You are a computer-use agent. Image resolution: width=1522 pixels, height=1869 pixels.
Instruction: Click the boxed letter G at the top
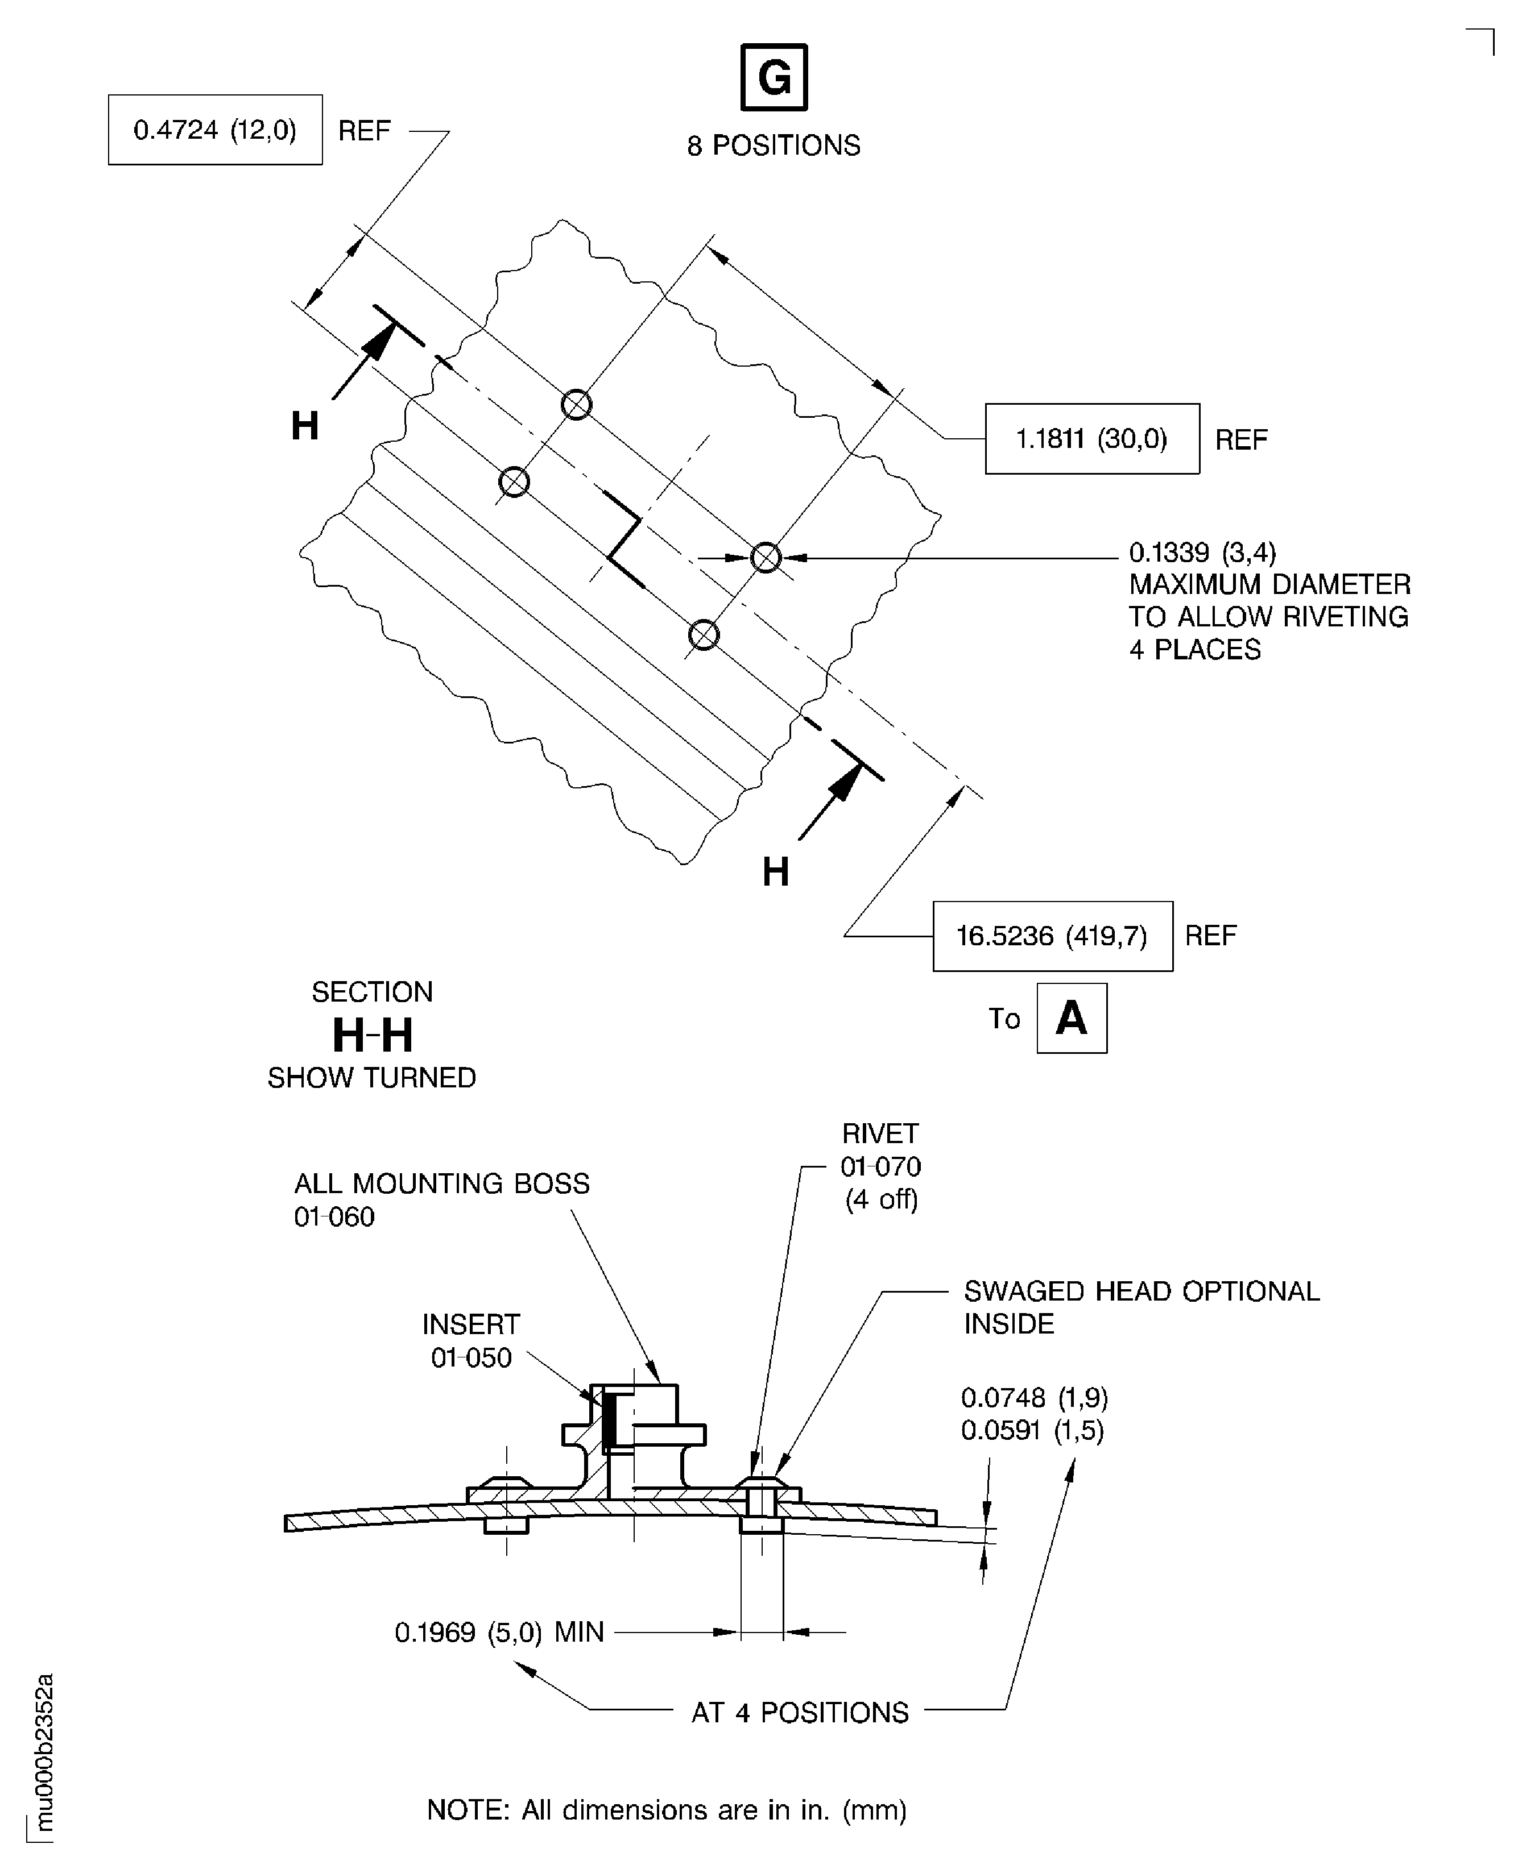pyautogui.click(x=774, y=78)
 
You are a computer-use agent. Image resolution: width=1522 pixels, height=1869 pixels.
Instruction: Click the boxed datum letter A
pyautogui.click(x=1072, y=1018)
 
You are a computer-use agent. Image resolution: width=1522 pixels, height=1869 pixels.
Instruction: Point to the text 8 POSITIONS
pyautogui.click(x=774, y=146)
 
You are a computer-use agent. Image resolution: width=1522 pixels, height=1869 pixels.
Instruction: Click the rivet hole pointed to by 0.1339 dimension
pyautogui.click(x=766, y=557)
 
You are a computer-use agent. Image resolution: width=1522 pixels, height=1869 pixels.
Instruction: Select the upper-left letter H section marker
pyautogui.click(x=304, y=427)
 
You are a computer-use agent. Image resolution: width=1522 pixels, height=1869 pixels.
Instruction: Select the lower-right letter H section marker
pyautogui.click(x=775, y=872)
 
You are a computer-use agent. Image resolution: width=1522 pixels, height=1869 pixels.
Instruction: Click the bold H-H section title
pyautogui.click(x=372, y=1036)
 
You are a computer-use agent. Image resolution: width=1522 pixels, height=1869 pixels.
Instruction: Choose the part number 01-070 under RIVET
pyautogui.click(x=880, y=1167)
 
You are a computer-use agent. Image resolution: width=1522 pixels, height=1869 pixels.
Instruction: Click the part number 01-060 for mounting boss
pyautogui.click(x=334, y=1217)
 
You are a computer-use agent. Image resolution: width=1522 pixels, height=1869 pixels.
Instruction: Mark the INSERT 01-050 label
pyautogui.click(x=471, y=1340)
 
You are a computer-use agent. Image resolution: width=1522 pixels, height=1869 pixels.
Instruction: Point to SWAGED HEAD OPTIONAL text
pyautogui.click(x=1140, y=1291)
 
